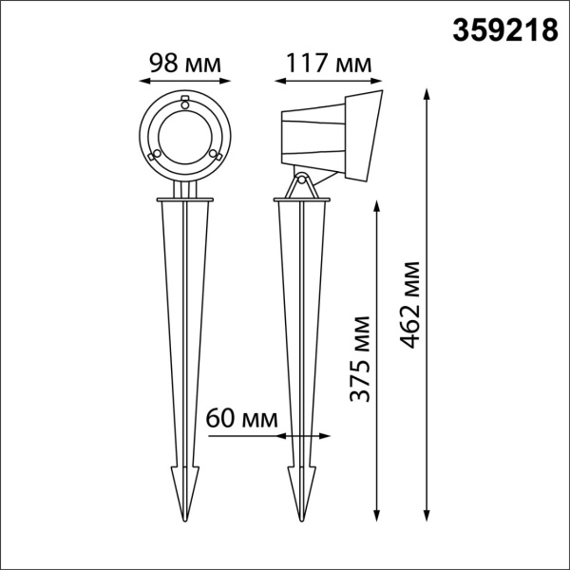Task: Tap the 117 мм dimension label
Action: (326, 64)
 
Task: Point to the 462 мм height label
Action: (410, 303)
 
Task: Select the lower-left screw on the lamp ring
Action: (156, 155)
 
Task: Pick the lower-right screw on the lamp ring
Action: (216, 155)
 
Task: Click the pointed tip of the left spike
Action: (185, 519)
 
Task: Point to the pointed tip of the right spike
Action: (302, 519)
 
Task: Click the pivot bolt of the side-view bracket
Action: (302, 180)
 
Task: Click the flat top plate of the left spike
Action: (185, 200)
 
